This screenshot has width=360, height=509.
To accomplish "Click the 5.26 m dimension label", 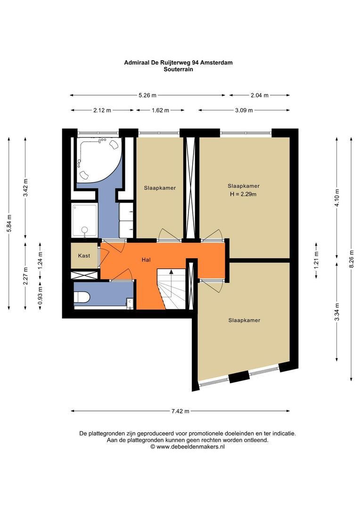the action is tap(147, 95).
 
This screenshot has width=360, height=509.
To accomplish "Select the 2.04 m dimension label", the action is tap(259, 95).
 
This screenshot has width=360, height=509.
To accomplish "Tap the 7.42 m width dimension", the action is tap(180, 411).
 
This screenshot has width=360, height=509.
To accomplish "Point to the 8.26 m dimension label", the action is tap(351, 259).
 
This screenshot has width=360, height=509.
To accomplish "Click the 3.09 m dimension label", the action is tap(244, 110).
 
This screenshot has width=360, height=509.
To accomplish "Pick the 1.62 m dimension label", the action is tap(160, 110).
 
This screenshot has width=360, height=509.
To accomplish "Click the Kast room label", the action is tap(84, 256).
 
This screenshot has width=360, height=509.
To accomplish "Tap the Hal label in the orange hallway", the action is tap(146, 260).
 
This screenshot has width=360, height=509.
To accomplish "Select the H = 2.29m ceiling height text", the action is tap(243, 194).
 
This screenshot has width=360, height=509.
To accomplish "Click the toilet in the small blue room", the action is tap(82, 297).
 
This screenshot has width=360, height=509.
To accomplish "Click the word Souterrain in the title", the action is tap(178, 69).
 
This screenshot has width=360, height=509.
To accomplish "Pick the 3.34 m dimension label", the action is tap(337, 312).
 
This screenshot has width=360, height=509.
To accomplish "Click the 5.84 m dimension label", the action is tap(9, 223).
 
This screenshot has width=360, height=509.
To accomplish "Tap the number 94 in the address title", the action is tap(195, 62).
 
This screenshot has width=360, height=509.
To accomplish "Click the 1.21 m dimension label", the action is tap(317, 260).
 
